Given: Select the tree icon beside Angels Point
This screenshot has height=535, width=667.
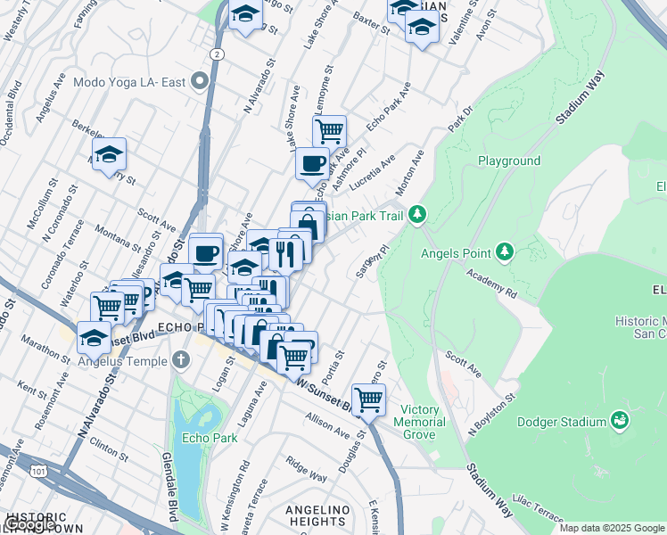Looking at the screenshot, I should point(505,251).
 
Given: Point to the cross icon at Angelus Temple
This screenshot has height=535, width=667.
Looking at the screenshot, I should point(182,361).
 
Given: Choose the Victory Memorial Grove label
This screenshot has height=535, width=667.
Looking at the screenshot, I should point(417,422).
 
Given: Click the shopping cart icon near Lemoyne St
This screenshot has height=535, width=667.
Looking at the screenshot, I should point(329,132).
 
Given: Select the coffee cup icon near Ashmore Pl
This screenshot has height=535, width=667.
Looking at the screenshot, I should point(312,163).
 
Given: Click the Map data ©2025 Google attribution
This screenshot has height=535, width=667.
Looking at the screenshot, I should point(611,528).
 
